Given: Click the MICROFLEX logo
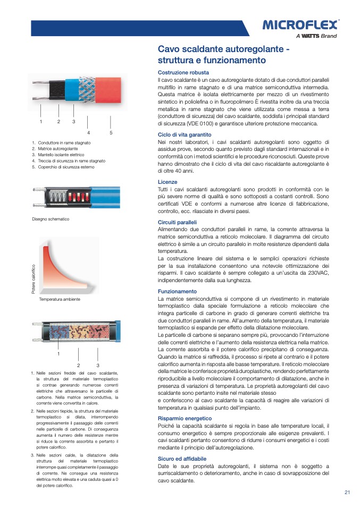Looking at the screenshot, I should pyautogui.click(x=300, y=24).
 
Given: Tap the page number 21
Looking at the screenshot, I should pyautogui.click(x=347, y=492).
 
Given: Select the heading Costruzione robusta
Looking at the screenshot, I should pyautogui.click(x=183, y=72).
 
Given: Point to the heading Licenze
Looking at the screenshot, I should pyautogui.click(x=168, y=182).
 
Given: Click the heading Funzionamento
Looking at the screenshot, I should pyautogui.click(x=177, y=291).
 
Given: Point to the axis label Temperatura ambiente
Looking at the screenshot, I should pyautogui.click(x=60, y=300).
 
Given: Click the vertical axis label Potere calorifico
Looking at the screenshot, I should pyautogui.click(x=34, y=279).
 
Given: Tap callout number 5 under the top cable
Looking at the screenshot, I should pyautogui.click(x=111, y=132).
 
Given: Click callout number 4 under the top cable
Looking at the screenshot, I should pyautogui.click(x=88, y=132).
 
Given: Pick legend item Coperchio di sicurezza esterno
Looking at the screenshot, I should pyautogui.click(x=65, y=167).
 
